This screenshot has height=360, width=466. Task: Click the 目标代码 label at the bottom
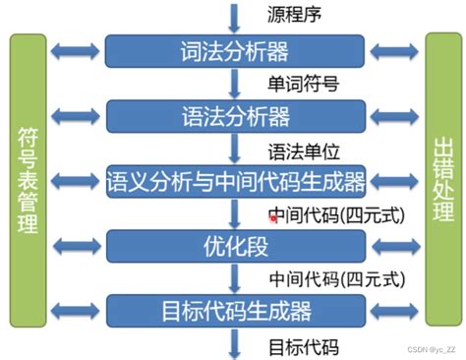tap(303, 345)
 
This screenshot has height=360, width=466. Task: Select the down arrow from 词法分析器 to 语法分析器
tap(235, 84)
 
